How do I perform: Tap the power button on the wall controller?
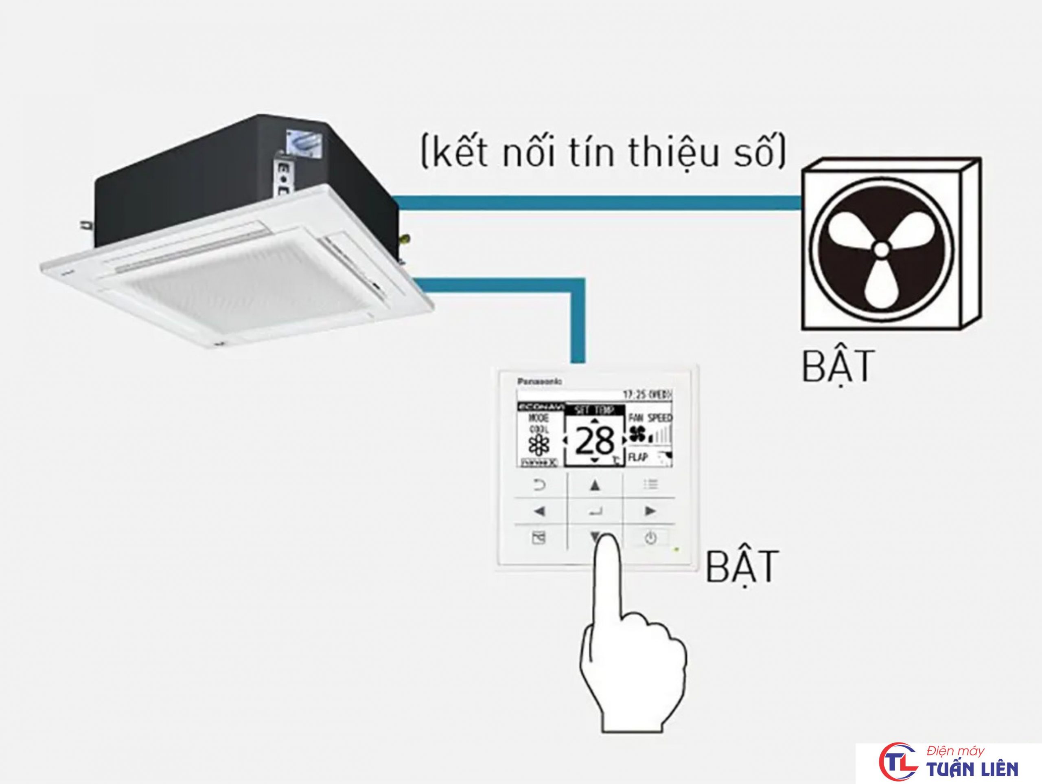point(650,538)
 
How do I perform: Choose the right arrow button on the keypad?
point(650,511)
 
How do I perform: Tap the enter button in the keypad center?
point(595,511)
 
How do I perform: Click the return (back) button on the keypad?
point(539,485)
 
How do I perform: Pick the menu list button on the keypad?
point(650,484)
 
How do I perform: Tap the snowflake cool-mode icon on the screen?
point(539,444)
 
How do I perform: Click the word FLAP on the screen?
point(638,457)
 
